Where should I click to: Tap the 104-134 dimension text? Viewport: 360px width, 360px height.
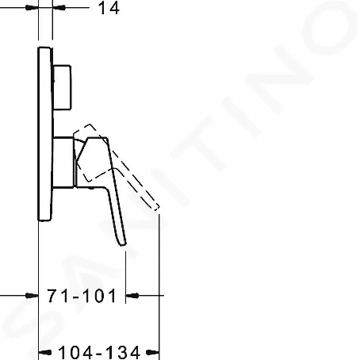click(x=98, y=350)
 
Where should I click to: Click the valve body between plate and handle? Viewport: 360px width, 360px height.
click(x=65, y=160)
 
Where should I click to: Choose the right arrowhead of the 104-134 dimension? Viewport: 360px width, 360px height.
click(x=155, y=350)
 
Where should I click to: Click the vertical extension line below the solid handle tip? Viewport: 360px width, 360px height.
click(x=127, y=274)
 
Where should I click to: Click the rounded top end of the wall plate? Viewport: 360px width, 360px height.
click(x=45, y=50)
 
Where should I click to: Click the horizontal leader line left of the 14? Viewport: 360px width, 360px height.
click(x=16, y=10)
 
